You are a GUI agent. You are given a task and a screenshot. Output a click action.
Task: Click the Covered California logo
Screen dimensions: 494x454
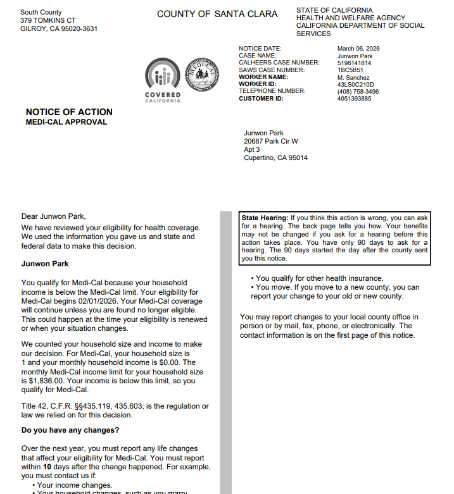[163, 80]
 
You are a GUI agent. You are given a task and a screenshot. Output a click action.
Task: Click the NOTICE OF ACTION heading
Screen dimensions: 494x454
[69, 112]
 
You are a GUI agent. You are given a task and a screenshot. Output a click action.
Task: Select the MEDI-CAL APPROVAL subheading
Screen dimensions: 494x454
[66, 122]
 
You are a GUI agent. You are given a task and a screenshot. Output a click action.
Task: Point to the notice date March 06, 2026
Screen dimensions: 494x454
[358, 49]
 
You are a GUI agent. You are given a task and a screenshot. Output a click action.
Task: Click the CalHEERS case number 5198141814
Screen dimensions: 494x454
[355, 63]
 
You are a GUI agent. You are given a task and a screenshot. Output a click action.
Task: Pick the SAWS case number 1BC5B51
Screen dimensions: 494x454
[351, 70]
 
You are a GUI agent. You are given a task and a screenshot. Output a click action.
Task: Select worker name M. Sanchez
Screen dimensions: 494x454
[353, 77]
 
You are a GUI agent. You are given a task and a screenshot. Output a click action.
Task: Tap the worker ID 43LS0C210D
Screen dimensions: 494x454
[356, 84]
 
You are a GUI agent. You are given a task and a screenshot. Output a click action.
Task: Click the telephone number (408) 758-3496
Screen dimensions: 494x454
[358, 91]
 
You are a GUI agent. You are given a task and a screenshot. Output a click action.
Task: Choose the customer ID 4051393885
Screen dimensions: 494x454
[355, 99]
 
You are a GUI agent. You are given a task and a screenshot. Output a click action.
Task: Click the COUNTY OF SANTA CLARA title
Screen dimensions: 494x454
[217, 14]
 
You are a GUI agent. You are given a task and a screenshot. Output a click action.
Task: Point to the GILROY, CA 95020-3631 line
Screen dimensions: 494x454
[59, 28]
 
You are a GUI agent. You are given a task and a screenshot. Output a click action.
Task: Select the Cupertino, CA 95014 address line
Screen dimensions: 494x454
[275, 158]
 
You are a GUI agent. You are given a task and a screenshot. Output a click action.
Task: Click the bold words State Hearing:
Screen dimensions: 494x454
[265, 218]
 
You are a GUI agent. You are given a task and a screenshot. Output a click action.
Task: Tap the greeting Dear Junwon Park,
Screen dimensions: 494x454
[53, 216]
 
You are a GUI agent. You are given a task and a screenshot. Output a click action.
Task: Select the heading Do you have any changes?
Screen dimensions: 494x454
[70, 431]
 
